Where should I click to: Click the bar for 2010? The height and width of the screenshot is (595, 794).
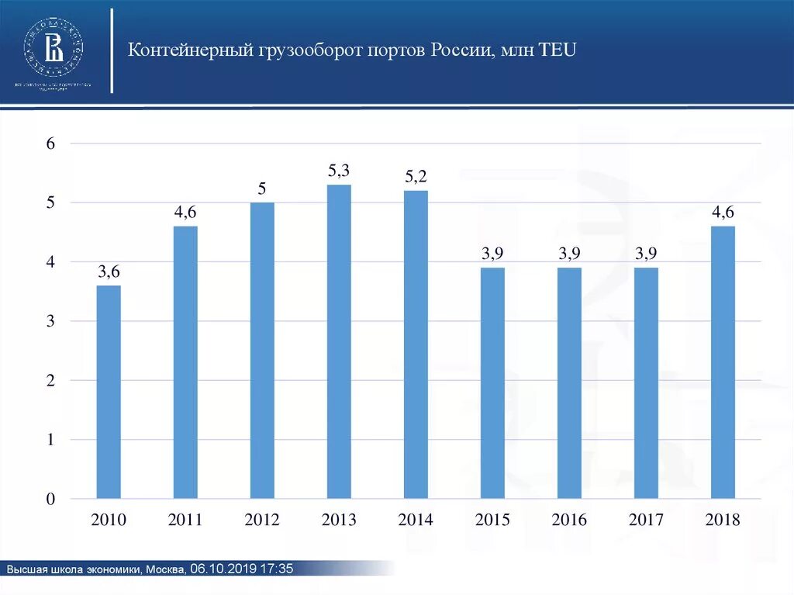(109, 392)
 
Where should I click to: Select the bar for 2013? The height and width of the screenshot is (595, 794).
(339, 341)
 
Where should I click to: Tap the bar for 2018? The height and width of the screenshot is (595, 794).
(723, 362)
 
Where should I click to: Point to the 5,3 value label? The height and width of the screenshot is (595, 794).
(339, 171)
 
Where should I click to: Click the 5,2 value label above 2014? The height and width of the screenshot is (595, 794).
(416, 177)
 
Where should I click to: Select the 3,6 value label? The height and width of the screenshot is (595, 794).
(109, 272)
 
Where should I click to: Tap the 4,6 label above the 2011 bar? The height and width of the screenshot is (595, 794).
(185, 212)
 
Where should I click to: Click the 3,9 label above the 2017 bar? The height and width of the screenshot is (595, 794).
(646, 254)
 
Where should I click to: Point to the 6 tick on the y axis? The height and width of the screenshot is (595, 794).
(50, 144)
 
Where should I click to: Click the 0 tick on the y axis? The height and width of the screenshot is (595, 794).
(50, 499)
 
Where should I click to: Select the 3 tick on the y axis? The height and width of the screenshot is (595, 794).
(50, 321)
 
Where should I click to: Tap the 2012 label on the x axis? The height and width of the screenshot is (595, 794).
(262, 520)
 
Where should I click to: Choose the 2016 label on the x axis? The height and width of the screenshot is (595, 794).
(569, 520)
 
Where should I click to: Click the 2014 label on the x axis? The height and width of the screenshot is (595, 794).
(416, 520)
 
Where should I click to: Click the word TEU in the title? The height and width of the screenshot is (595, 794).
(557, 51)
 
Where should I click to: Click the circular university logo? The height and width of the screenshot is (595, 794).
(54, 43)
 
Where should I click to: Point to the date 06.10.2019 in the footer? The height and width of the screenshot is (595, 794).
(223, 569)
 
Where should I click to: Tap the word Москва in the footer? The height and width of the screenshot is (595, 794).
(164, 569)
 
